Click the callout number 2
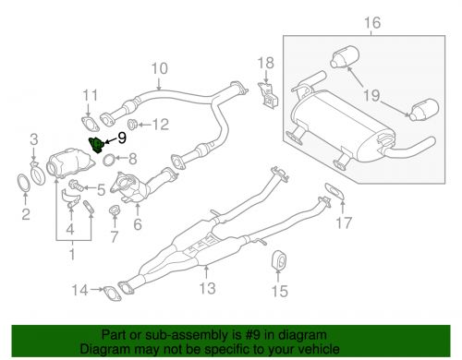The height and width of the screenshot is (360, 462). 26,216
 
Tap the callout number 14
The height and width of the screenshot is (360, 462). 80,292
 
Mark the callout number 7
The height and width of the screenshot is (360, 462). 115,236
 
